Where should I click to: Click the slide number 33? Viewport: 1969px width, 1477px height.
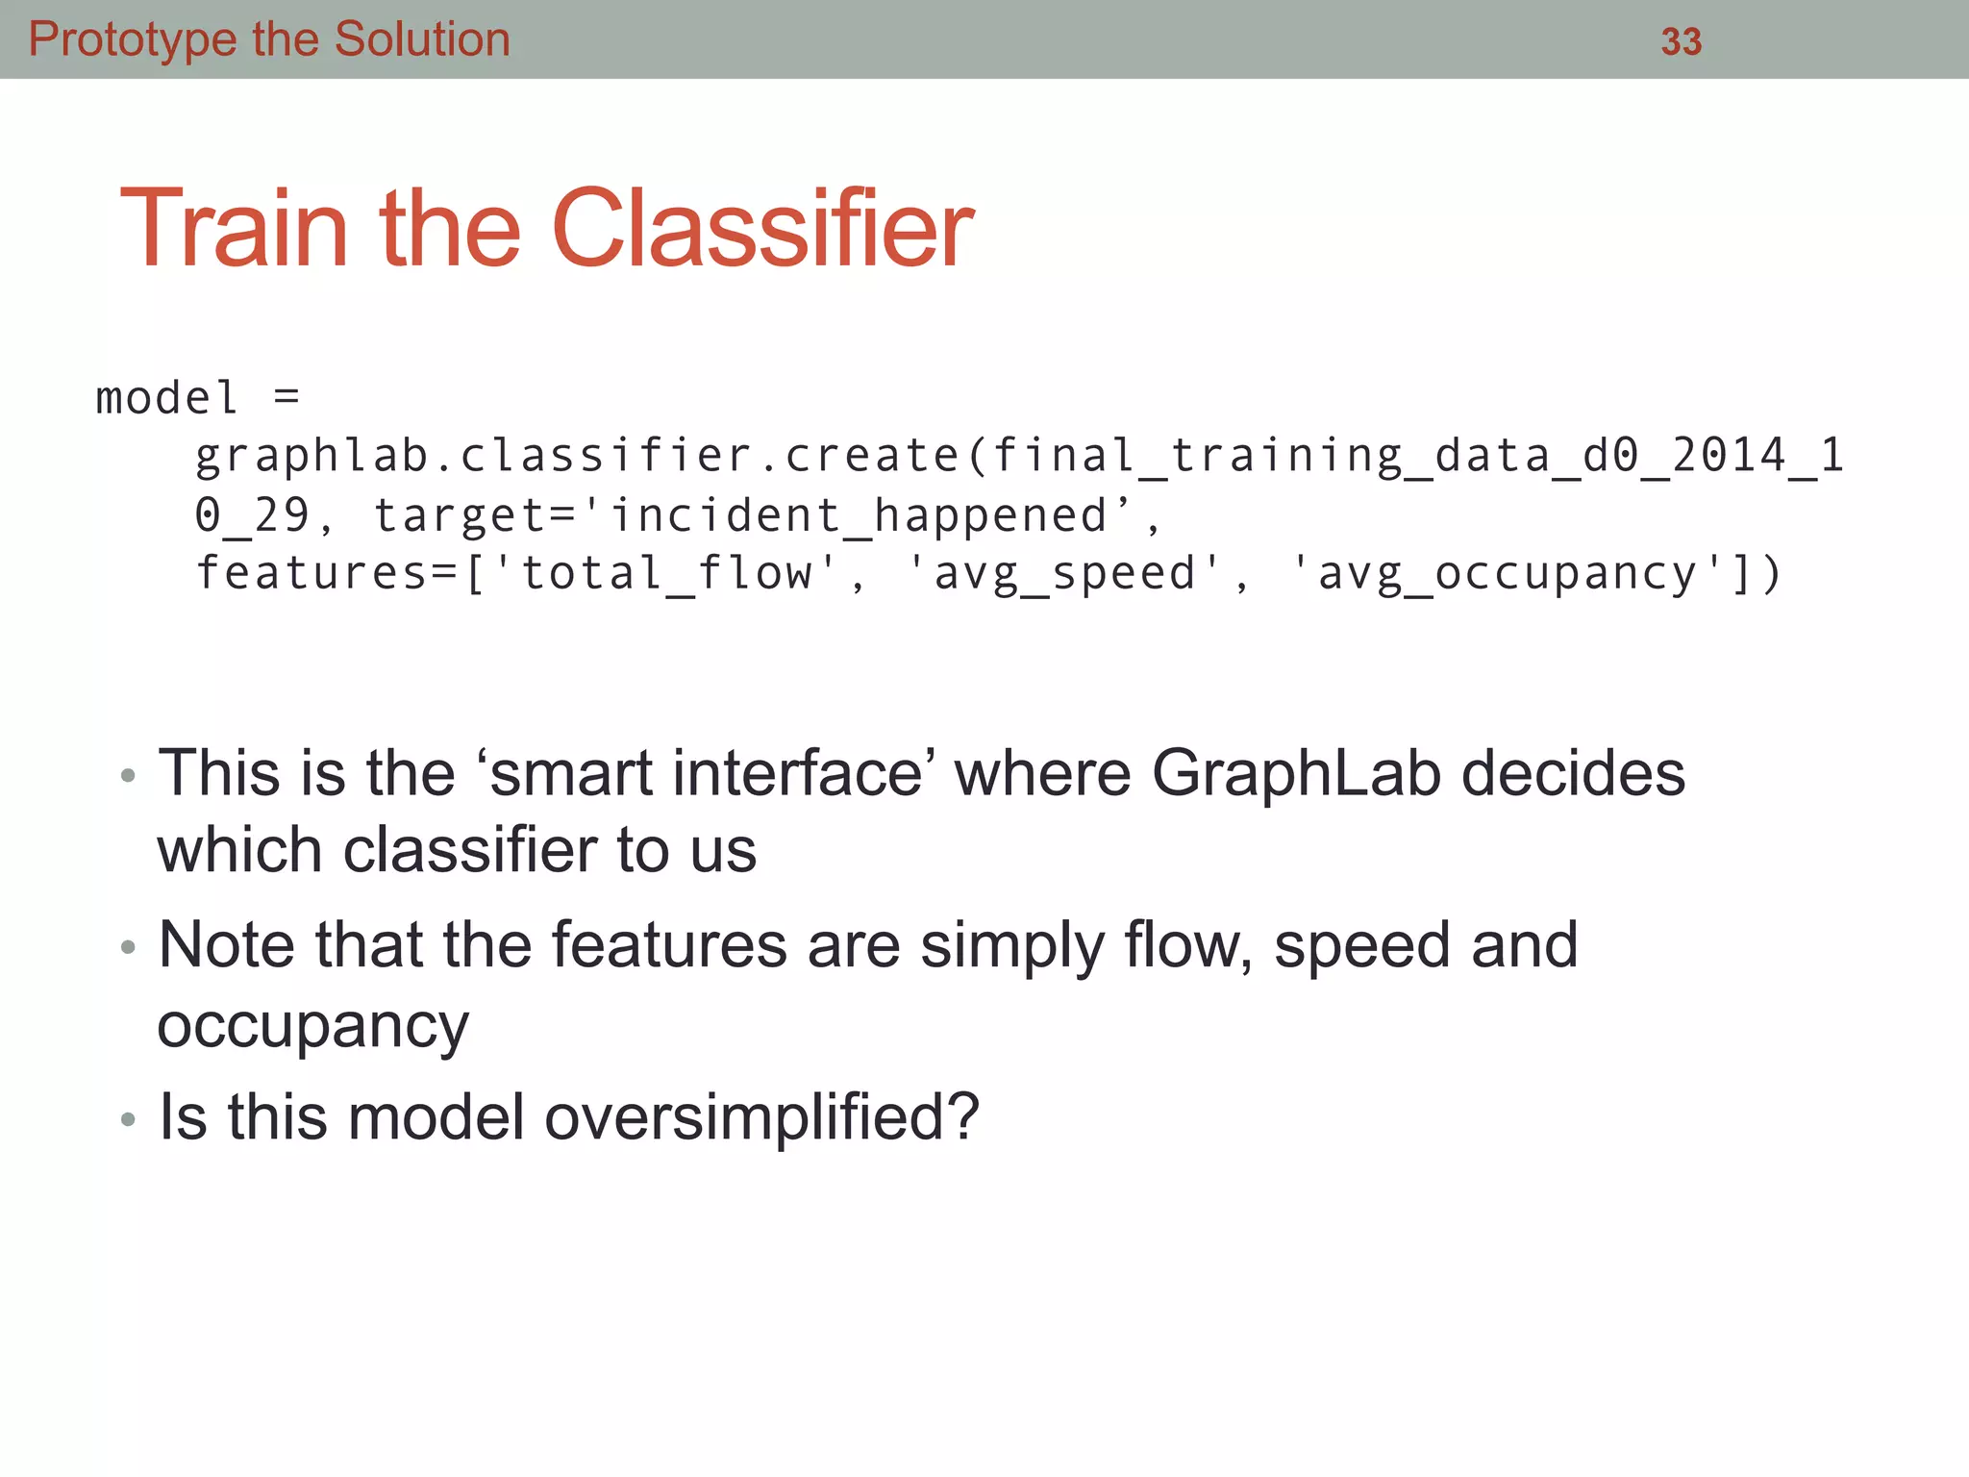click(x=1681, y=42)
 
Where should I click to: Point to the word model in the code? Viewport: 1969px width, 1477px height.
click(x=166, y=398)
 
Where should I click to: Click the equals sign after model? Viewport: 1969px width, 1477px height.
click(x=287, y=396)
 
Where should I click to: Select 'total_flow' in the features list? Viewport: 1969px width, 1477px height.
click(x=666, y=574)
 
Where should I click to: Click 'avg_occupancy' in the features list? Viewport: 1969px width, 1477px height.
click(x=1508, y=574)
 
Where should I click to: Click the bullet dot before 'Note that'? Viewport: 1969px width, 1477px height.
click(x=128, y=948)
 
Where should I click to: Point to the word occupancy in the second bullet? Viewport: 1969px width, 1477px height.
click(x=313, y=1026)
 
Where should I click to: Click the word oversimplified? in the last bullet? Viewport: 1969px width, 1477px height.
click(x=761, y=1117)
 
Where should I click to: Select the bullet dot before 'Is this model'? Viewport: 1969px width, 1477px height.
click(x=128, y=1119)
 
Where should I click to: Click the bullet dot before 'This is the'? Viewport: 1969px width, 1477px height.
click(x=128, y=776)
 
